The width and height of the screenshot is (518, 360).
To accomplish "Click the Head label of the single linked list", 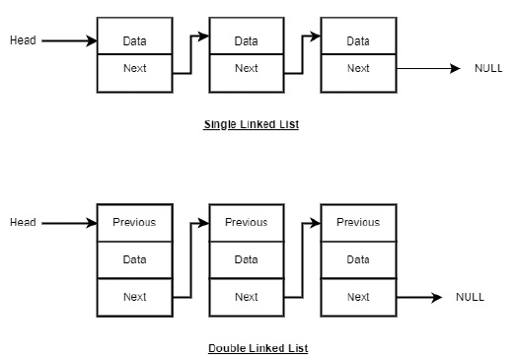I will click(x=23, y=40).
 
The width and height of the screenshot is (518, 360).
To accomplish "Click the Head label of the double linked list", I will click(x=23, y=222).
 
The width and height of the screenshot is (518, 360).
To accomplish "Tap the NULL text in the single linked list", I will click(x=488, y=68).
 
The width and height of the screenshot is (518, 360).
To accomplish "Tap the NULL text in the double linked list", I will click(x=470, y=297).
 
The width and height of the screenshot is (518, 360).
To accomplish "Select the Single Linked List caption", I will click(x=251, y=125).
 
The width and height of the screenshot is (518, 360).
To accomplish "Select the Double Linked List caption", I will click(x=258, y=348).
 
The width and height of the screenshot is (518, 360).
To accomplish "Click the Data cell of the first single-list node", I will click(x=135, y=40).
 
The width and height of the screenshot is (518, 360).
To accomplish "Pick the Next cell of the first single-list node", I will click(x=135, y=69).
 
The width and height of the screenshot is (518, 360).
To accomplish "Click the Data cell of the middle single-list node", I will click(x=247, y=40).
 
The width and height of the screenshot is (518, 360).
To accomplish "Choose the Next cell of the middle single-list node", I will click(x=247, y=69).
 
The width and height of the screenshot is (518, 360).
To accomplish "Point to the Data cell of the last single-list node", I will click(x=358, y=40).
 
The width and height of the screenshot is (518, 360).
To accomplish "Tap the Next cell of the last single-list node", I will click(x=358, y=69).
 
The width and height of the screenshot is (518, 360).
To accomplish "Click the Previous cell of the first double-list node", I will click(x=135, y=222).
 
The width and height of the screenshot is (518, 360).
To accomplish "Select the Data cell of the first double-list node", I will click(x=135, y=259).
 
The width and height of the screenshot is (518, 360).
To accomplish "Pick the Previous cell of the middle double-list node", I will click(x=247, y=222).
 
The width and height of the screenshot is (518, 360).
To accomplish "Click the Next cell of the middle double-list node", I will click(x=247, y=297).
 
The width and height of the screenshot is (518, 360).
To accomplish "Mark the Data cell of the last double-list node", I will click(x=358, y=259).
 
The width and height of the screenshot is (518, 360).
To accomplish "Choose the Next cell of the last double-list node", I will click(x=358, y=297).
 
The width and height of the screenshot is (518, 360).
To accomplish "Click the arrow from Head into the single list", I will click(x=69, y=40).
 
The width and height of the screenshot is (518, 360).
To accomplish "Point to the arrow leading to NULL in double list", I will click(x=418, y=297).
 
